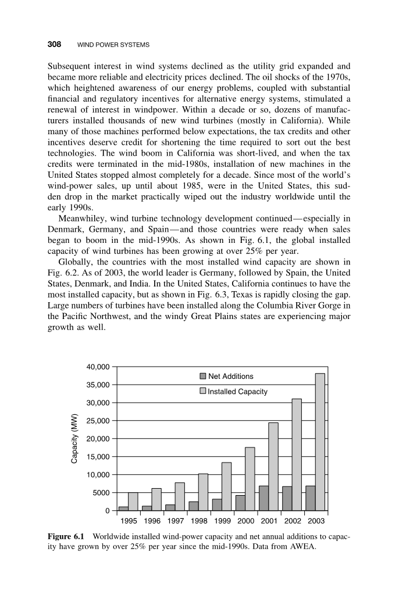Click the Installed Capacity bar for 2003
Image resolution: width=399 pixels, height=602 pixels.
pyautogui.click(x=320, y=442)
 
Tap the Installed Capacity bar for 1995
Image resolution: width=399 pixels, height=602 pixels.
pyautogui.click(x=133, y=501)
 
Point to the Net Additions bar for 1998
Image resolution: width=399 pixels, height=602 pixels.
pyautogui.click(x=194, y=506)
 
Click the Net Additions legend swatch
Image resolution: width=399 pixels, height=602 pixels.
pyautogui.click(x=203, y=377)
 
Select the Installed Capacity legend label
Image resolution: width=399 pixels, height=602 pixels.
pyautogui.click(x=237, y=392)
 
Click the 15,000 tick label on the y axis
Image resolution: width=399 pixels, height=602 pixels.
pyautogui.click(x=98, y=457)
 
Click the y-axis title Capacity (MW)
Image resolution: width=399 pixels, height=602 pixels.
pyautogui.click(x=74, y=439)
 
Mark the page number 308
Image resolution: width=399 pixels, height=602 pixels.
pyautogui.click(x=54, y=44)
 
